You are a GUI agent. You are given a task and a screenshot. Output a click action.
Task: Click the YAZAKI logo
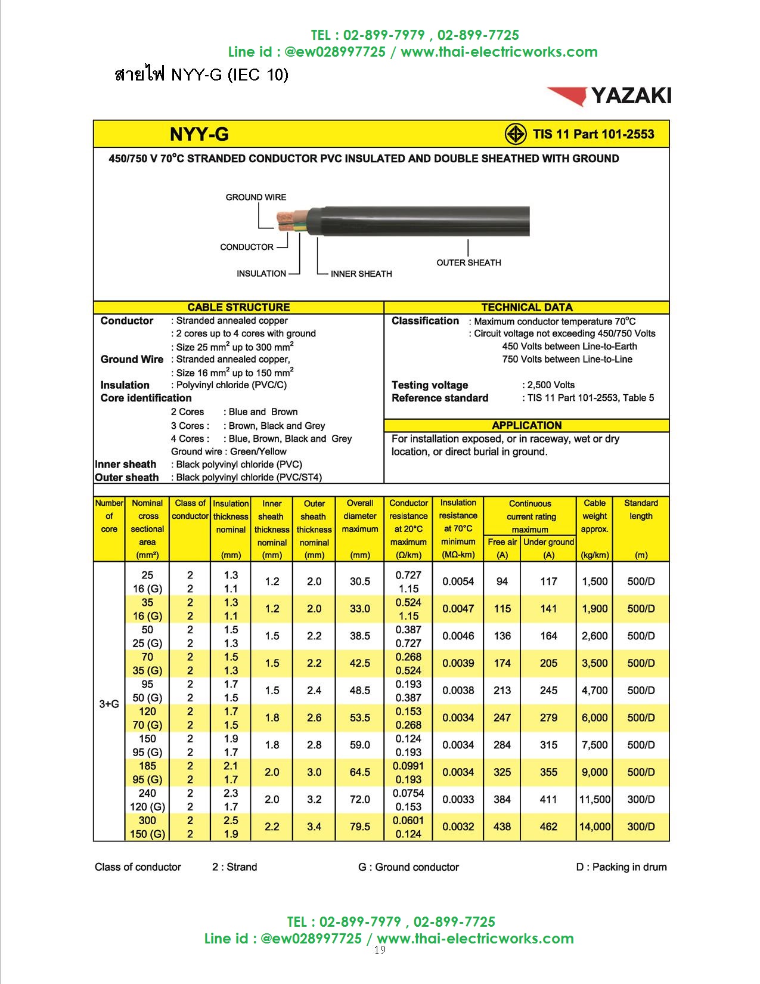coord(609,95)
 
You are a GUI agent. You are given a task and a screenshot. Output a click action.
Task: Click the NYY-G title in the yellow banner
coord(199,134)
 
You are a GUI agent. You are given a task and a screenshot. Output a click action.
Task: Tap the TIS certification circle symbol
coord(516,134)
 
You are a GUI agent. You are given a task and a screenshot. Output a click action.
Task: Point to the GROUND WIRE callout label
coord(256,197)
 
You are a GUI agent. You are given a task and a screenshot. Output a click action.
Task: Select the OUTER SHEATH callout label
coord(469,262)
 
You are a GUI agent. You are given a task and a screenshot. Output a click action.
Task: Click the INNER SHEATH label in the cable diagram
coord(361,274)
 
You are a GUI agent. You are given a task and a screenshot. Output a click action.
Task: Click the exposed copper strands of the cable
coord(285,219)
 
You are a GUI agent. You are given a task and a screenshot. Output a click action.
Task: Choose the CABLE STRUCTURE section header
coord(238,307)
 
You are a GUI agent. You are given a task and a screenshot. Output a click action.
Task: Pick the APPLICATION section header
coord(526,425)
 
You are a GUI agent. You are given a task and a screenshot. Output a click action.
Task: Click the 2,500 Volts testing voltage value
coord(551,385)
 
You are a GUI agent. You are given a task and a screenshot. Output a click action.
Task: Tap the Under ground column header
coord(548,542)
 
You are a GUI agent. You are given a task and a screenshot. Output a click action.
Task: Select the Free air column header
coord(502,542)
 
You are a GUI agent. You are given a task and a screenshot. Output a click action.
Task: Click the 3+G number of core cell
coord(109,704)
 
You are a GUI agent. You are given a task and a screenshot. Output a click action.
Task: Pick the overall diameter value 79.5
coord(360,827)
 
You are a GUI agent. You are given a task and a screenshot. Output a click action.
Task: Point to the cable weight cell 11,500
coord(594,799)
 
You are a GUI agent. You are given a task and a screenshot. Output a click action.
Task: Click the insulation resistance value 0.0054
coord(458,581)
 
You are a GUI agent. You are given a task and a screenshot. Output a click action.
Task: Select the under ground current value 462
coord(548,827)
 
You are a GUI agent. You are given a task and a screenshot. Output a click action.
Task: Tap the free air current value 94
coord(502,581)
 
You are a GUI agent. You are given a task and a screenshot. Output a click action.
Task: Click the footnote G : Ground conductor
coord(408,867)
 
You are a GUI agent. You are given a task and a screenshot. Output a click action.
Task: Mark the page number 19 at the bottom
coord(380,949)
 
